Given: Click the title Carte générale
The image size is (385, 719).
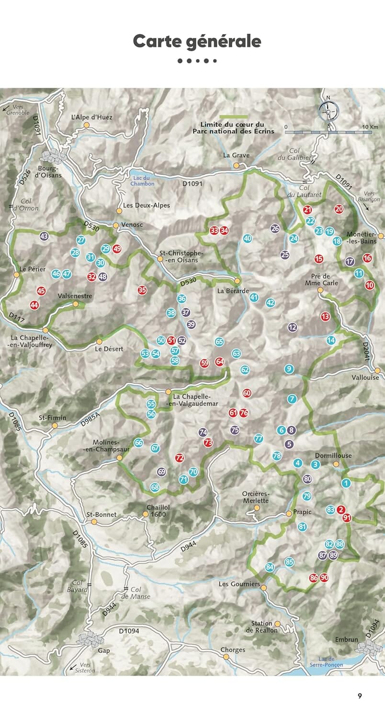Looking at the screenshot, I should coord(197,42).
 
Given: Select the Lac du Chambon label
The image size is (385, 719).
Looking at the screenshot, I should coord(143,180).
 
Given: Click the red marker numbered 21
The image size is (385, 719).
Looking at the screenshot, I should coord(307,209).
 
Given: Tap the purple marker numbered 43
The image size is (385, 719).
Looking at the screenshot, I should coord(45,236).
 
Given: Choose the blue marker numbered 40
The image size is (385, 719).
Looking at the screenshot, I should coord(247,238).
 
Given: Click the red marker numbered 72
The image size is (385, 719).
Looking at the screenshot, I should coord(180,458).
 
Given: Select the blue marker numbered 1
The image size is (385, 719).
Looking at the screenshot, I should coord(346,483).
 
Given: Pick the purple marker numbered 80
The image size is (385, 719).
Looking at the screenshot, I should coord(307,479).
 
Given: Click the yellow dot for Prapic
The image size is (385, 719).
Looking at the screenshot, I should coord(289,513).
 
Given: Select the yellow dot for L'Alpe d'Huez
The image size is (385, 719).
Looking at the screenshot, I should coord(87,125).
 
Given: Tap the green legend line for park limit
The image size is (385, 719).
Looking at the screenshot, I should coord(234,116).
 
